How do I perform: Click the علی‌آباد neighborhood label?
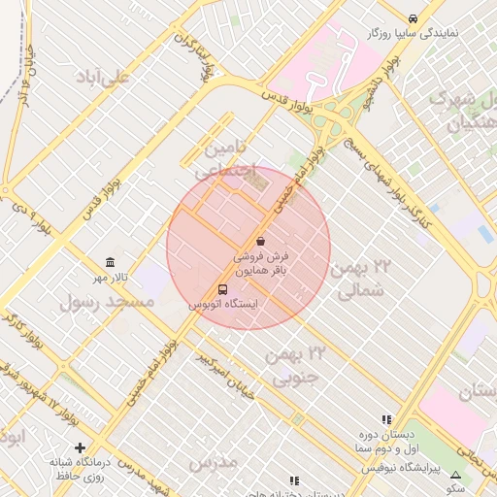(107, 76)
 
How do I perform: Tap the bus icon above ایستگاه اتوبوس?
(224, 289)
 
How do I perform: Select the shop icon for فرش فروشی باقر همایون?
(260, 241)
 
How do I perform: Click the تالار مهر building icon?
(109, 264)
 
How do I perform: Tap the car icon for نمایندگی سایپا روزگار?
(414, 18)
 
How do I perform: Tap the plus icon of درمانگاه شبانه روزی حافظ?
(80, 447)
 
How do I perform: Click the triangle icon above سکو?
(455, 475)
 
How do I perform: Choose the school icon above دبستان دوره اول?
(386, 419)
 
